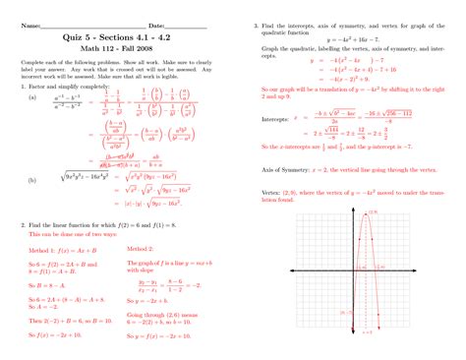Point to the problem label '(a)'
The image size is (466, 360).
pyautogui.click(x=32, y=97)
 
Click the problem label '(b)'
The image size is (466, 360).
pyautogui.click(x=32, y=180)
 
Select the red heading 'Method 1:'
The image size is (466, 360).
pyautogui.click(x=41, y=250)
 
